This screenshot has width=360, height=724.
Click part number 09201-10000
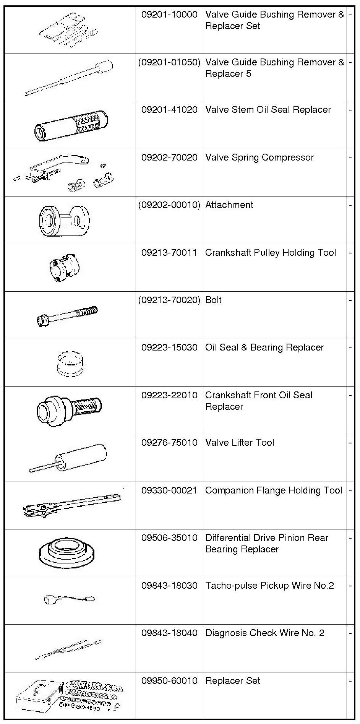[x=169, y=15]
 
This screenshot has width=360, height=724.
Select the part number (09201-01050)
[x=169, y=62]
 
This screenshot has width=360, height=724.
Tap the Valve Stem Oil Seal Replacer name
[x=268, y=110]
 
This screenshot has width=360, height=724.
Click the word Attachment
[x=229, y=205]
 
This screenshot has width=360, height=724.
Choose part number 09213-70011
[x=169, y=253]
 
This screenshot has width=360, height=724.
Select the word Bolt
[x=213, y=300]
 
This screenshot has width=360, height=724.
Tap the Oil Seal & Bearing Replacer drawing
[x=70, y=364]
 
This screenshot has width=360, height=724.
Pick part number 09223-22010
[x=169, y=395]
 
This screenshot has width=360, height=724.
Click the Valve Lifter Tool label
[x=240, y=443]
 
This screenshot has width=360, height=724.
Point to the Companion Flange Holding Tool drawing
[x=71, y=505]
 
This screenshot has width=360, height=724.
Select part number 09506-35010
[x=169, y=538]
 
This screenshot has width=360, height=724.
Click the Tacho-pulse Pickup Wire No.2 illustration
[x=69, y=599]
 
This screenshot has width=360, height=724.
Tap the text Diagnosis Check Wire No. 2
[x=264, y=633]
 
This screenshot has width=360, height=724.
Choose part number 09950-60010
[x=169, y=681]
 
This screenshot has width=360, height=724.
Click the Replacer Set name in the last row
[x=232, y=681]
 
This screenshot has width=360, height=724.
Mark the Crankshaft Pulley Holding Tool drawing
[x=64, y=267]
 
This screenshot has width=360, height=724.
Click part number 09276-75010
[x=169, y=443]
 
